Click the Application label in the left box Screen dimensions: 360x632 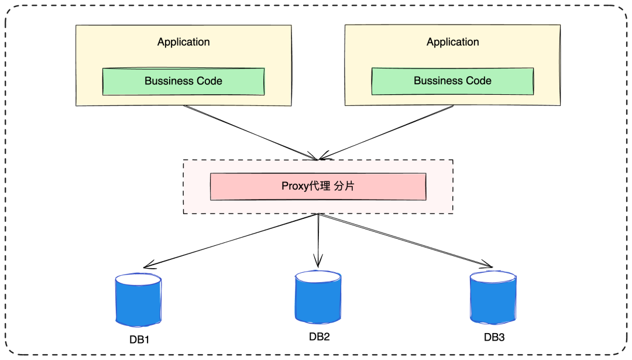point(183,42)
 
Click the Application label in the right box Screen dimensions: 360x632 point(452,42)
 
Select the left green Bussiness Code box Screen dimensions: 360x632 point(183,81)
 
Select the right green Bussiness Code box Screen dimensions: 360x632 point(452,81)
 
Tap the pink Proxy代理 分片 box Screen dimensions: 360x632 point(318,187)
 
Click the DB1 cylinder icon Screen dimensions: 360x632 point(138,300)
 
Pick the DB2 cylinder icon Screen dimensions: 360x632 point(318,297)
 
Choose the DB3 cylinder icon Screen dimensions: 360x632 point(493,298)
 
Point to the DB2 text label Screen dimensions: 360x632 point(320,337)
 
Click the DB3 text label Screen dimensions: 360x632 point(494,338)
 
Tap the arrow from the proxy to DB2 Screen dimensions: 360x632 point(318,240)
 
